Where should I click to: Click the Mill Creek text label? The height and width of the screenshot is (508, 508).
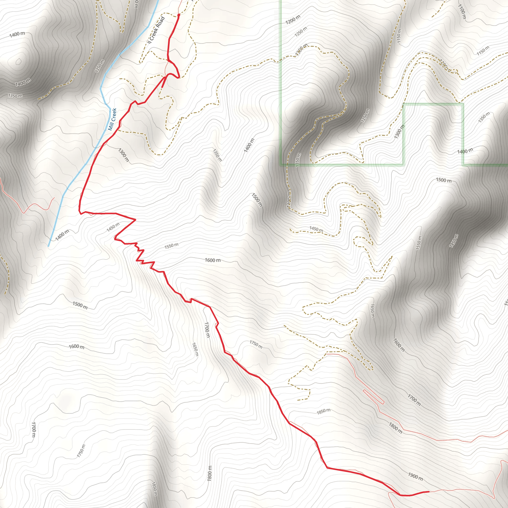point(112,119)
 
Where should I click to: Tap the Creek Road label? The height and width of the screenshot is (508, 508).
point(156,30)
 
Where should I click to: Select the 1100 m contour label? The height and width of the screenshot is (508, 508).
point(462,12)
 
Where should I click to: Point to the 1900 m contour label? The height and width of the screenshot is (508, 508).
point(415,476)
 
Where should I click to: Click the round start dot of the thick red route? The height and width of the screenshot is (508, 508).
point(179,15)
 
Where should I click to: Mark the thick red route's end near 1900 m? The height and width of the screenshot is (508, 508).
point(429,491)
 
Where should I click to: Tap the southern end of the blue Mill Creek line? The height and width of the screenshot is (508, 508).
point(49,246)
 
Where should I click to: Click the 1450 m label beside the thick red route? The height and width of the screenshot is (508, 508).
point(113,227)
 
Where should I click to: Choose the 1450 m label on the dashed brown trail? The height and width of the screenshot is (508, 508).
point(316,229)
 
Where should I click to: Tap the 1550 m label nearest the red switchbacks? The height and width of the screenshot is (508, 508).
point(171,246)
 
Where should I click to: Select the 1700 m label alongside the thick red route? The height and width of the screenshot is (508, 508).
point(207,330)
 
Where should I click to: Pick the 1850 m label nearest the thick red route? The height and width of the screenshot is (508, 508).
point(323,411)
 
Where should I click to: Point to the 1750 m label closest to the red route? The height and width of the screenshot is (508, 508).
point(256,344)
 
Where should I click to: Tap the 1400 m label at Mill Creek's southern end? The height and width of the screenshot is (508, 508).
point(63,235)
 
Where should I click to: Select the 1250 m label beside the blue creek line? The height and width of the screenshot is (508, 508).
point(100,66)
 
